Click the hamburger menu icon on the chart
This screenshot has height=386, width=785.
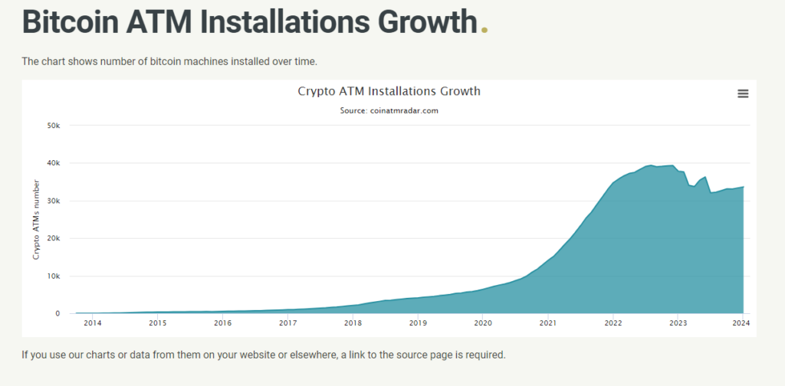pyautogui.click(x=743, y=93)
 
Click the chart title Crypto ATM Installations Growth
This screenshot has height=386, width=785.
pyautogui.click(x=389, y=91)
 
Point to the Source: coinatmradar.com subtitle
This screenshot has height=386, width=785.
pyautogui.click(x=389, y=110)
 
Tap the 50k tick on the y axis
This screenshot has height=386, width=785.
pyautogui.click(x=54, y=126)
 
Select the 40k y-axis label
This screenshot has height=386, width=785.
pyautogui.click(x=54, y=163)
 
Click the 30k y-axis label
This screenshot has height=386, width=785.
pyautogui.click(x=54, y=201)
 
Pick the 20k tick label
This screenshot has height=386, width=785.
pyautogui.click(x=54, y=238)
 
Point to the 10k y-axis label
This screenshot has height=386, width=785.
pyautogui.click(x=54, y=276)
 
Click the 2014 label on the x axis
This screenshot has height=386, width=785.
pyautogui.click(x=93, y=323)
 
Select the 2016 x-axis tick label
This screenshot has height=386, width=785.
pyautogui.click(x=223, y=323)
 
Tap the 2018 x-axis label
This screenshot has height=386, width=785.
pyautogui.click(x=353, y=323)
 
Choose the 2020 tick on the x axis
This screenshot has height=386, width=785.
pyautogui.click(x=483, y=323)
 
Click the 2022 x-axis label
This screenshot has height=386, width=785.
pyautogui.click(x=613, y=323)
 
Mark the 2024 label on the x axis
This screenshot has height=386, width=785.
pyautogui.click(x=741, y=323)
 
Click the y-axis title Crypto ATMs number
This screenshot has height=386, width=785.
pyautogui.click(x=36, y=220)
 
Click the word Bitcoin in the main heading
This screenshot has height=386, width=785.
pyautogui.click(x=70, y=21)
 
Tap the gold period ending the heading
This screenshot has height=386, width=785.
pyautogui.click(x=484, y=30)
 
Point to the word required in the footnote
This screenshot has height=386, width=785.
pyautogui.click(x=485, y=355)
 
